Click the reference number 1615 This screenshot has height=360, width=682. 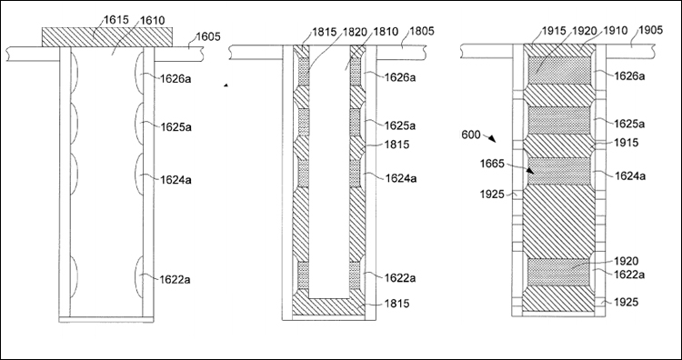click(x=115, y=20)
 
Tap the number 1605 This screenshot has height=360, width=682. click(x=208, y=36)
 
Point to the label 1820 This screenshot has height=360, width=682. click(x=354, y=31)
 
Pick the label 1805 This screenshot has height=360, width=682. click(x=422, y=31)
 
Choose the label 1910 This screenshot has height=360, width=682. click(x=616, y=30)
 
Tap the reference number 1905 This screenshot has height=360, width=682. click(x=650, y=30)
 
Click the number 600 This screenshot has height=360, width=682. click(x=471, y=135)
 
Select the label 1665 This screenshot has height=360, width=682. click(x=492, y=164)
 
